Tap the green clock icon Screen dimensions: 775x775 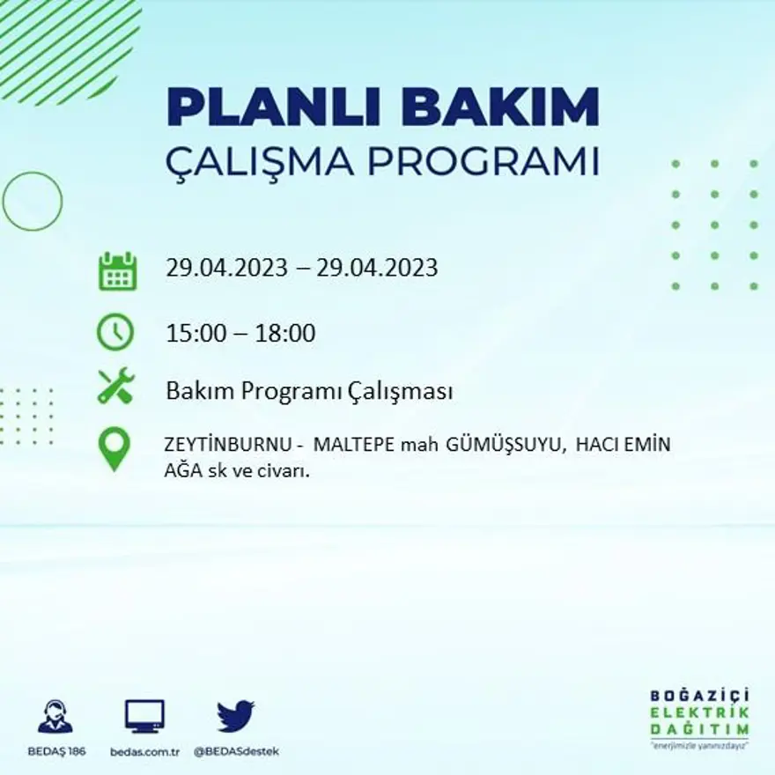(x=115, y=333)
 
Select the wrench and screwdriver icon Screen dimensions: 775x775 (x=115, y=386)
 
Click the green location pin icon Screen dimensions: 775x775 (x=114, y=448)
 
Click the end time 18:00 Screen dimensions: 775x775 (x=285, y=334)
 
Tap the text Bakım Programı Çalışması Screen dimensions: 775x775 (x=309, y=391)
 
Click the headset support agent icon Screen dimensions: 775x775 (x=55, y=716)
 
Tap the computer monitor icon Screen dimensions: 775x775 (x=144, y=716)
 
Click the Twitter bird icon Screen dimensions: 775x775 (x=235, y=716)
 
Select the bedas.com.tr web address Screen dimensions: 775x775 (x=145, y=752)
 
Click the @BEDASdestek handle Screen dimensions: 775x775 (x=236, y=752)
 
